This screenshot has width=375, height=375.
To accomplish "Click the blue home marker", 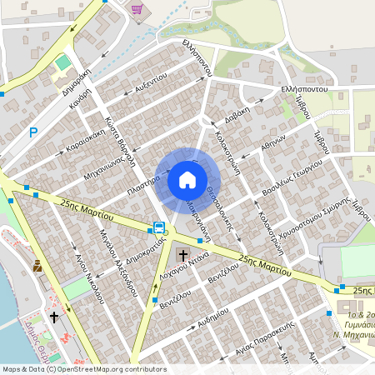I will pyautogui.click(x=187, y=180).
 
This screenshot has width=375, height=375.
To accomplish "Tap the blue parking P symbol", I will pyautogui.click(x=33, y=132).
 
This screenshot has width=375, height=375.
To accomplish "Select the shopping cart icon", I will pyautogui.click(x=136, y=9).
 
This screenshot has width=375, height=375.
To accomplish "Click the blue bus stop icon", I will pyautogui.click(x=157, y=227).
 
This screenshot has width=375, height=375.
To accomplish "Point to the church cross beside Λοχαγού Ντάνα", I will pyautogui.click(x=183, y=254).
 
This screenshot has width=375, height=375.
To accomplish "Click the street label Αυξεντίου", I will pyautogui.click(x=150, y=82).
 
